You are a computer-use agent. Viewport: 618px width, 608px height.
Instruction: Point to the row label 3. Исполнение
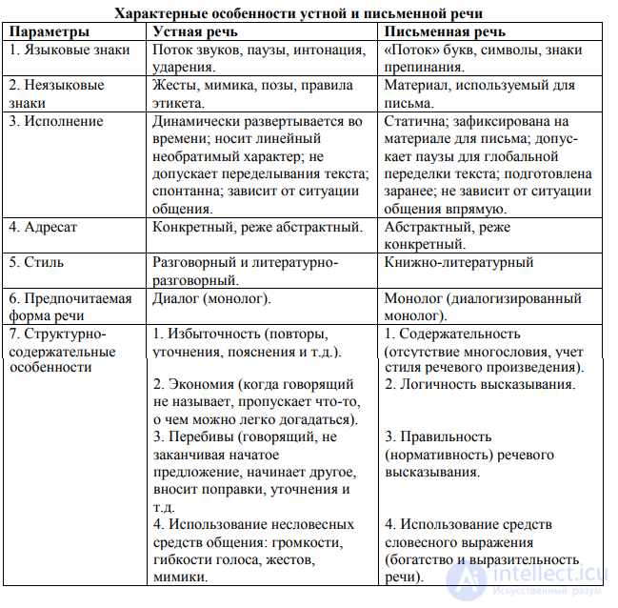click(x=56, y=122)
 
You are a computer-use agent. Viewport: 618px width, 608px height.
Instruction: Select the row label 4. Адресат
click(x=48, y=227)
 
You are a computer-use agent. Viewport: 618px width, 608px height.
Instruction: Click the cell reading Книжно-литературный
click(x=458, y=262)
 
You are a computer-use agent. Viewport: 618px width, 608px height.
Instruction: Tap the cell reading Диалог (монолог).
click(x=211, y=298)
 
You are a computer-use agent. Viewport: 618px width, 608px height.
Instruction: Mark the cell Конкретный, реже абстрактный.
click(x=257, y=227)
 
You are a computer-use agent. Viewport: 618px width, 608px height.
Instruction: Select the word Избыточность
click(x=214, y=334)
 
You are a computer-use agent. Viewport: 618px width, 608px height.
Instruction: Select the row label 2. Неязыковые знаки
click(x=57, y=93)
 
